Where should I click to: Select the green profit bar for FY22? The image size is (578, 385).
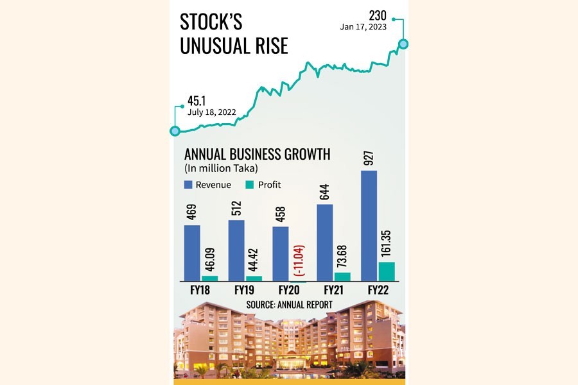point(386,271)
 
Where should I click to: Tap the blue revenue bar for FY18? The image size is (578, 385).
point(192,253)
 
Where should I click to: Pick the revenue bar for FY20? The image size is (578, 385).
point(281,253)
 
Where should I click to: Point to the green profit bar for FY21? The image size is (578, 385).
point(342,277)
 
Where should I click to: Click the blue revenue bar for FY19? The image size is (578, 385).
point(236,250)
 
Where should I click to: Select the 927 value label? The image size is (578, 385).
point(367,157)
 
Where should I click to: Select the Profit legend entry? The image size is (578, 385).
point(264,185)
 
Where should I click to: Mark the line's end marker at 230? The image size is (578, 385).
point(403,44)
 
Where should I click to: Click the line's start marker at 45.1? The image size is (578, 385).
point(175,131)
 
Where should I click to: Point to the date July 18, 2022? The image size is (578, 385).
point(212,112)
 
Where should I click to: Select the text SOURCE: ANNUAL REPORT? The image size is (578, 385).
point(290,304)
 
